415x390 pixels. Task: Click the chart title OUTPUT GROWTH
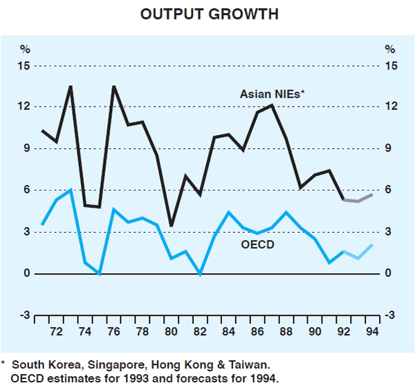[x=207, y=15]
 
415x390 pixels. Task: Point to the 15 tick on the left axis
[x=26, y=66]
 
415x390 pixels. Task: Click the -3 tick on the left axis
[x=25, y=316]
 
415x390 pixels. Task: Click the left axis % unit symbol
[x=26, y=49]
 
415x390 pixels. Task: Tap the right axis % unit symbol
[x=389, y=49]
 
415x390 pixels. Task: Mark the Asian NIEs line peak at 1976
[x=113, y=86]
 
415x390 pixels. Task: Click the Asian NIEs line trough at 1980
[x=171, y=226]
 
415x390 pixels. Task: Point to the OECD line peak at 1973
[x=71, y=190]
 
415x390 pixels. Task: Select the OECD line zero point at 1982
[x=200, y=274]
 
